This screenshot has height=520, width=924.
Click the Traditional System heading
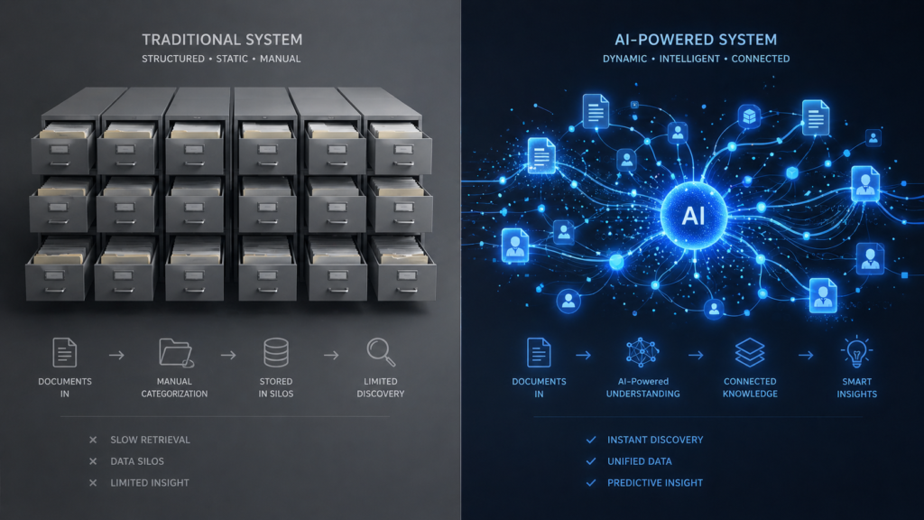pyautogui.click(x=222, y=40)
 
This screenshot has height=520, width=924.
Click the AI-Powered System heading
pyautogui.click(x=696, y=40)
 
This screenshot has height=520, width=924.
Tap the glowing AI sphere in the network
pyautogui.click(x=694, y=216)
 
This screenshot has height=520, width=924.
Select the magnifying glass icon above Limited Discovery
pyautogui.click(x=381, y=352)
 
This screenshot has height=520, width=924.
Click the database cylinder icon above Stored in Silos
pyautogui.click(x=276, y=353)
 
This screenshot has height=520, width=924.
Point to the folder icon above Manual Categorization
pyautogui.click(x=176, y=353)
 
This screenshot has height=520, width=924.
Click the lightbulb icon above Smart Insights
pyautogui.click(x=856, y=352)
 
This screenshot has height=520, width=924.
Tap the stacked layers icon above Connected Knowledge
pyautogui.click(x=750, y=353)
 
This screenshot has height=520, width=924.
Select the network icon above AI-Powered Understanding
pyautogui.click(x=642, y=353)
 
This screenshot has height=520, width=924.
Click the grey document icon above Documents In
pyautogui.click(x=64, y=353)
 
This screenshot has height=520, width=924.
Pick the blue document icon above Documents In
pyautogui.click(x=539, y=353)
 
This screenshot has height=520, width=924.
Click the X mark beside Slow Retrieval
pyautogui.click(x=93, y=440)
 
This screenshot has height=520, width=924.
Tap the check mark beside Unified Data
pyautogui.click(x=591, y=461)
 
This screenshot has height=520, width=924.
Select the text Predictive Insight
pyautogui.click(x=655, y=483)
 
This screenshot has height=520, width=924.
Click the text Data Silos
pyautogui.click(x=137, y=461)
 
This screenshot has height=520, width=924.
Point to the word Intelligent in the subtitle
pyautogui.click(x=689, y=59)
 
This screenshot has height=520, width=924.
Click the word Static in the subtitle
pyautogui.click(x=232, y=59)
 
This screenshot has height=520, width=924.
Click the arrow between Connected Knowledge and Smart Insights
pyautogui.click(x=806, y=355)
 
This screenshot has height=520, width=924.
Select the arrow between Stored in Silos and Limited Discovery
pyautogui.click(x=331, y=355)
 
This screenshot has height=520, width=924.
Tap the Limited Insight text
pyautogui.click(x=150, y=483)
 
